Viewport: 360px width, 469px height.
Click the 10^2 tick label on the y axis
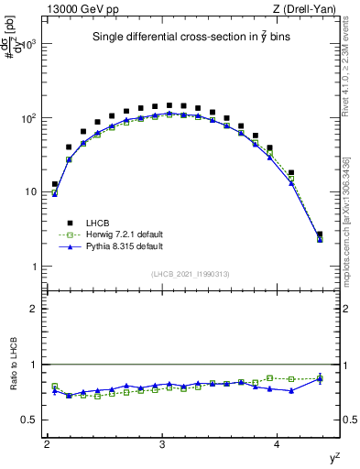coord(29,118)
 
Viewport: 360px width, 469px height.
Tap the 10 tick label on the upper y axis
coord(32,192)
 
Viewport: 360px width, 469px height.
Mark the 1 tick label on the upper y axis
coord(35,267)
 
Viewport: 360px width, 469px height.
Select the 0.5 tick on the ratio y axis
coord(31,420)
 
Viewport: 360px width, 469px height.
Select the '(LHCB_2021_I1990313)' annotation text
coord(191,276)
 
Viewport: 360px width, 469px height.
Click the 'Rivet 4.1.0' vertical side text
coord(350,64)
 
